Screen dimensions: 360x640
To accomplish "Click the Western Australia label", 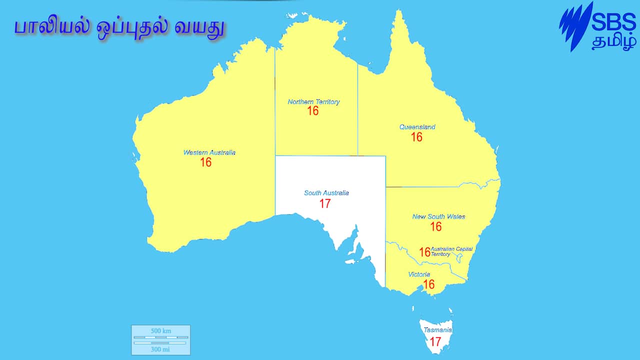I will click(x=209, y=152).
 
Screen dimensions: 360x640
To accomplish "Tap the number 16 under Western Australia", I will click(x=205, y=162).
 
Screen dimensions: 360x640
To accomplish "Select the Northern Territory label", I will click(x=313, y=102).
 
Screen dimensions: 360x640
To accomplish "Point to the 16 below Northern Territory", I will click(x=313, y=111).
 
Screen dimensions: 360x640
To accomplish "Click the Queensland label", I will click(x=417, y=127).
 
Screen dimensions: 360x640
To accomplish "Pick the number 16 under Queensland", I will click(x=416, y=137).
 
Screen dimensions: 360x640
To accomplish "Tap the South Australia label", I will click(x=326, y=193).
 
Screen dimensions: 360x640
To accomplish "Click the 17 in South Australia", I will click(x=325, y=203).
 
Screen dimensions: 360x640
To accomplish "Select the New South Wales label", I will click(x=438, y=216).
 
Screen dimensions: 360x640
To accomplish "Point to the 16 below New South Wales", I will click(x=436, y=226).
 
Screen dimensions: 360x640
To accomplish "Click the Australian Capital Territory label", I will click(x=451, y=251).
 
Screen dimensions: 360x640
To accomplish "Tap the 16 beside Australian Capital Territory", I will click(x=424, y=252).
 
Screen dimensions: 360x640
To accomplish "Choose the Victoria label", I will click(x=419, y=274).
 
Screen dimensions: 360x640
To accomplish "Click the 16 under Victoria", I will click(x=428, y=284).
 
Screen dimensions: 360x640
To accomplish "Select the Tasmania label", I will click(x=437, y=330).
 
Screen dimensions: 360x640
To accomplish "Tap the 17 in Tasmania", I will click(x=435, y=342).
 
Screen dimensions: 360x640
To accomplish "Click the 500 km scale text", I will click(x=160, y=331).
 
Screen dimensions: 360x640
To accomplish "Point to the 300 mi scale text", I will click(x=160, y=349).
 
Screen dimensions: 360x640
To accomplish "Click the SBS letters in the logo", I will click(x=613, y=22).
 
